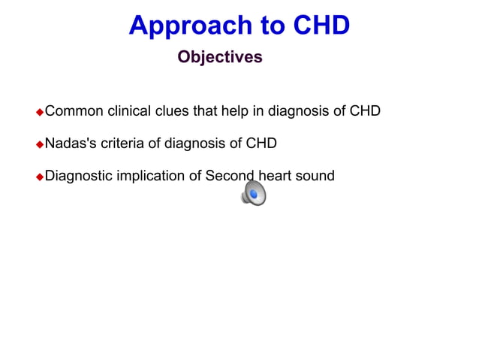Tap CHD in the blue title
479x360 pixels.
[x=321, y=26]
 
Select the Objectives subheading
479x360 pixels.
[x=220, y=57]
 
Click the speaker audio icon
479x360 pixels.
[x=253, y=195]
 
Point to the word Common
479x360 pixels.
[x=74, y=111]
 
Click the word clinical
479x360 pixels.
[x=129, y=111]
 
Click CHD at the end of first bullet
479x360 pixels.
[x=365, y=111]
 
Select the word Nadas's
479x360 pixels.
[x=70, y=144]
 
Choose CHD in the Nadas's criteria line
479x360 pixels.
[x=261, y=144]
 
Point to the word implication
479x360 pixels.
[x=159, y=176]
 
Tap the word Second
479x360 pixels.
[x=230, y=176]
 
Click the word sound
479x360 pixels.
[x=315, y=176]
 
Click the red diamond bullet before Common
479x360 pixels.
[x=41, y=112]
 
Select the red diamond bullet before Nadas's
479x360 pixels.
[x=41, y=144]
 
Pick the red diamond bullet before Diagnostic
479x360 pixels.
[x=41, y=177]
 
